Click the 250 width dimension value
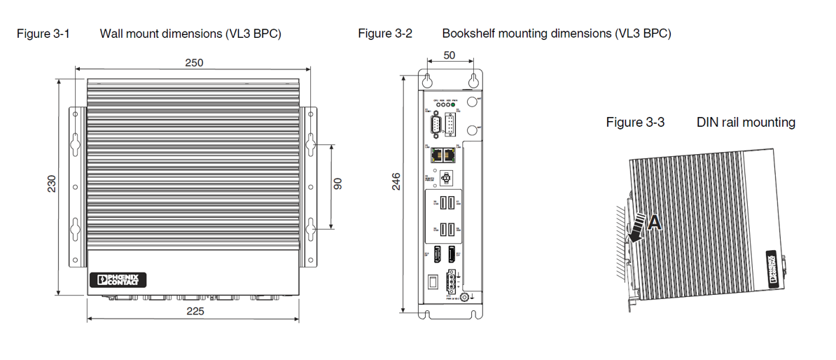click(194, 62)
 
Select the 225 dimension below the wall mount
click(195, 311)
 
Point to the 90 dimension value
click(337, 184)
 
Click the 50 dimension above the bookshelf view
click(450, 55)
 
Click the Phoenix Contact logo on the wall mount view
click(118, 280)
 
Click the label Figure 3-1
click(43, 33)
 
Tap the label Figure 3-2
click(385, 33)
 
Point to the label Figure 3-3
click(635, 122)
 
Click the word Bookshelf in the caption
click(469, 33)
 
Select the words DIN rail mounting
click(746, 122)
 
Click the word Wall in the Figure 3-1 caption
click(111, 33)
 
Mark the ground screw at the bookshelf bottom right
click(464, 297)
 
